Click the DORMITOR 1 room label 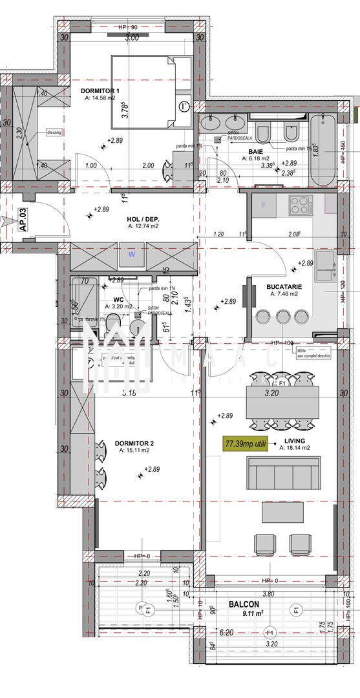pyautogui.click(x=100, y=90)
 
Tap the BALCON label pyautogui.click(x=244, y=604)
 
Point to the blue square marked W pyautogui.click(x=131, y=255)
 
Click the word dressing pyautogui.click(x=54, y=132)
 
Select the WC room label pyautogui.click(x=118, y=299)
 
